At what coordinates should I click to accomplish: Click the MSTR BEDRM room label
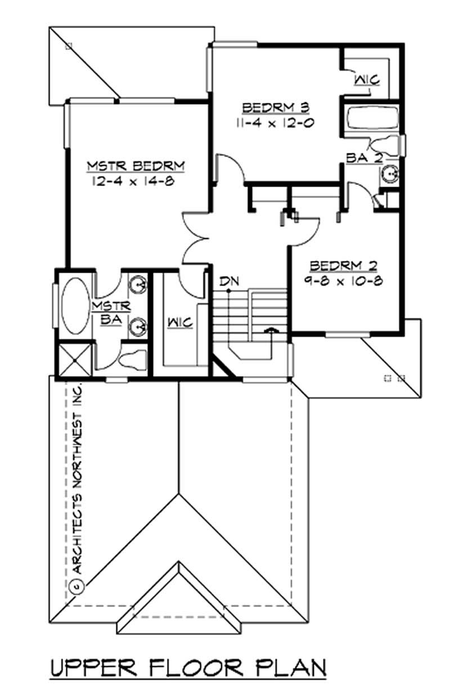tap(136, 166)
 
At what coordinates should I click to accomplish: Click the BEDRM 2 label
tap(343, 265)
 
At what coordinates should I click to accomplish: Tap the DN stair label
tap(227, 280)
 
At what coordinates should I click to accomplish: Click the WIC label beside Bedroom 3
tap(367, 80)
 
